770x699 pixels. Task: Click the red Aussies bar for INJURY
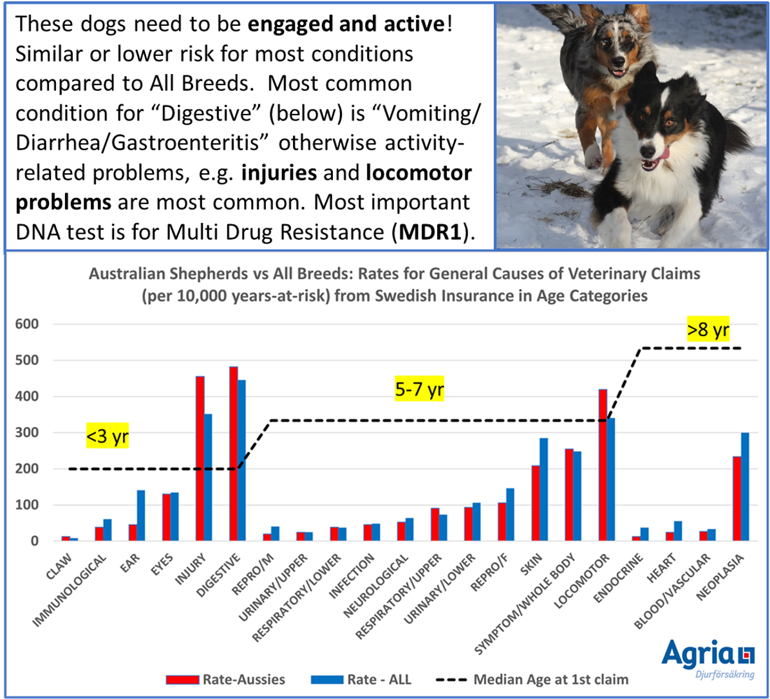pyautogui.click(x=200, y=458)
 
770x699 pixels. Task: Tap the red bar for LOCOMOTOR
pyautogui.click(x=603, y=465)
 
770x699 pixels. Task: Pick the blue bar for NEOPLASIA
pyautogui.click(x=745, y=486)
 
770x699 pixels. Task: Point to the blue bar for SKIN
pyautogui.click(x=543, y=489)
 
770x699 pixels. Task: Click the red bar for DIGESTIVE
pyautogui.click(x=234, y=453)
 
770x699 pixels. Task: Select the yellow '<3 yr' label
pyautogui.click(x=108, y=436)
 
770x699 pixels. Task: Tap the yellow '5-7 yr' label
pyautogui.click(x=419, y=389)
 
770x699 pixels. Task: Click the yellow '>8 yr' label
pyautogui.click(x=708, y=329)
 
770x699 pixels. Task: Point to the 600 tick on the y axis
pyautogui.click(x=27, y=324)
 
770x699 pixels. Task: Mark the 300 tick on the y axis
pyautogui.click(x=27, y=432)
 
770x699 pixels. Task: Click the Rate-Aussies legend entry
pyautogui.click(x=225, y=679)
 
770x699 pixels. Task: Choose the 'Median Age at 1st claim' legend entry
pyautogui.click(x=532, y=679)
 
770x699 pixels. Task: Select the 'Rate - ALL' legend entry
pyautogui.click(x=361, y=679)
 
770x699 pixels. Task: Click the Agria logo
pyautogui.click(x=708, y=658)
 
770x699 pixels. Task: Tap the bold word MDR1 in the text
pyautogui.click(x=431, y=232)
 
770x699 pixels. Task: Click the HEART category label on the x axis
pyautogui.click(x=661, y=568)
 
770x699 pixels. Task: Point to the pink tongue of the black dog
pyautogui.click(x=663, y=154)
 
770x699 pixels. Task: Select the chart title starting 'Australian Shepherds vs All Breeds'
pyautogui.click(x=394, y=285)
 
